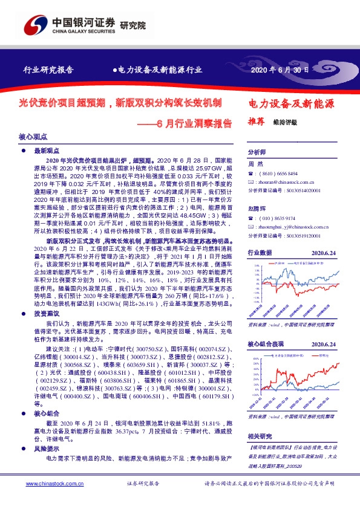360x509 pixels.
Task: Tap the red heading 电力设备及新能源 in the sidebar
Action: pos(292,103)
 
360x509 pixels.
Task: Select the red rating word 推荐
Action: pos(257,121)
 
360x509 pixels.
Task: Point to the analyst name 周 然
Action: pos(255,164)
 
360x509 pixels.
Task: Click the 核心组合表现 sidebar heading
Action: pos(266,343)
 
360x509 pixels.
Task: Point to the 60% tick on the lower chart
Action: pos(255,357)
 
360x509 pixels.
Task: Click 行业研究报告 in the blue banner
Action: pos(48,70)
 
